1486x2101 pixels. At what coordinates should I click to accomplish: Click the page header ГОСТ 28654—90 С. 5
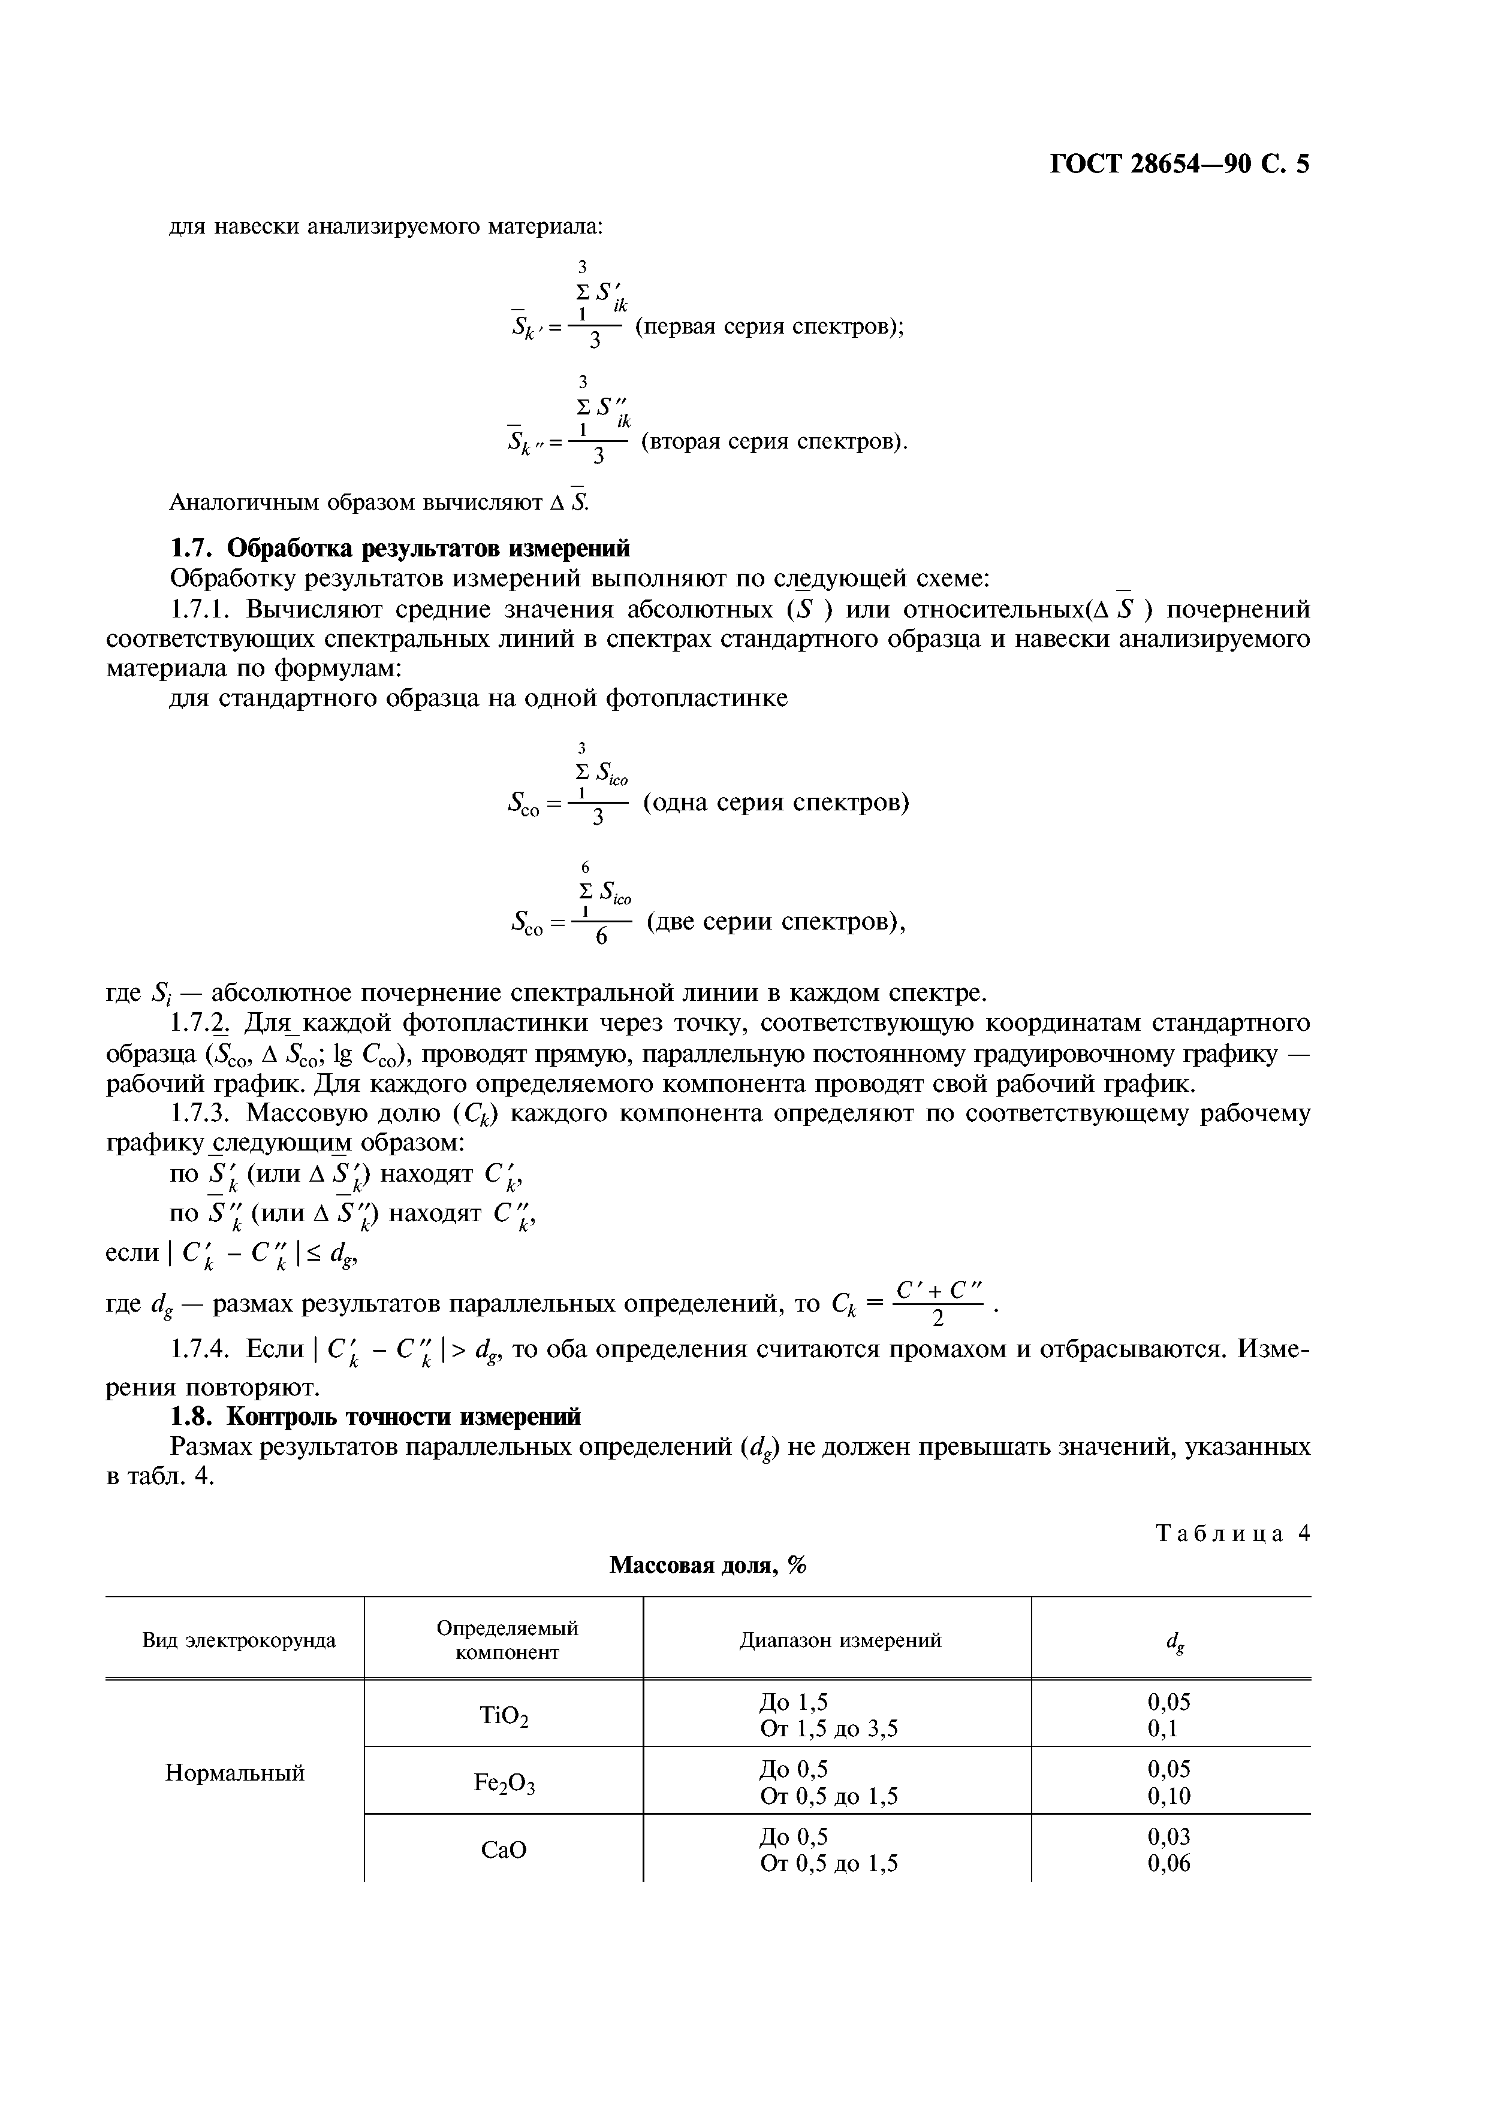click(x=1178, y=165)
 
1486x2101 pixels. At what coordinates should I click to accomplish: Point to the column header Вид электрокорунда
click(x=239, y=1640)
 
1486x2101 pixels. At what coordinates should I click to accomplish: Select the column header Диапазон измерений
click(x=840, y=1640)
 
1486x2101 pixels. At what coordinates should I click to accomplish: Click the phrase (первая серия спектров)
click(x=768, y=326)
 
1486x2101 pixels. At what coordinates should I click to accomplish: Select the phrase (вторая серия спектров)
click(x=774, y=442)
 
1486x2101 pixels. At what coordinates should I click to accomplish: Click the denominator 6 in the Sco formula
click(x=602, y=938)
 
